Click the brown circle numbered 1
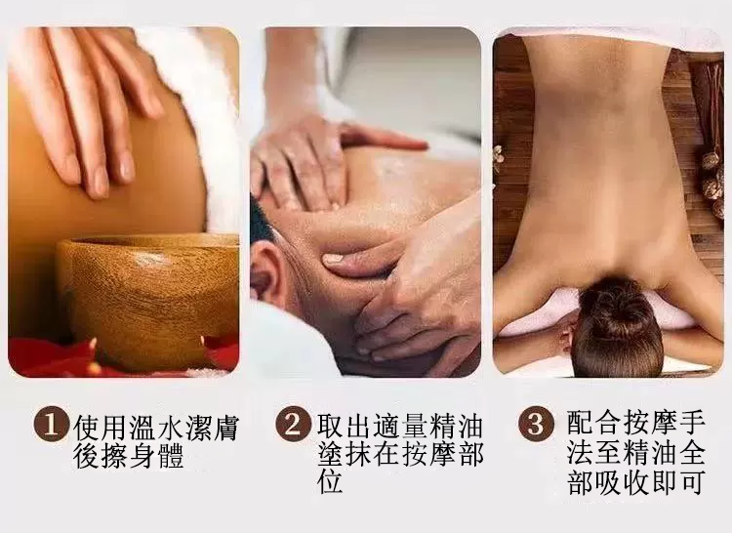point(50,424)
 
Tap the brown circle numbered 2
point(292,424)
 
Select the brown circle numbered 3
point(536,424)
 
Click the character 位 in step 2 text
point(331,480)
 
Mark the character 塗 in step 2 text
point(331,453)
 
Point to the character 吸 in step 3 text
point(608,481)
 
